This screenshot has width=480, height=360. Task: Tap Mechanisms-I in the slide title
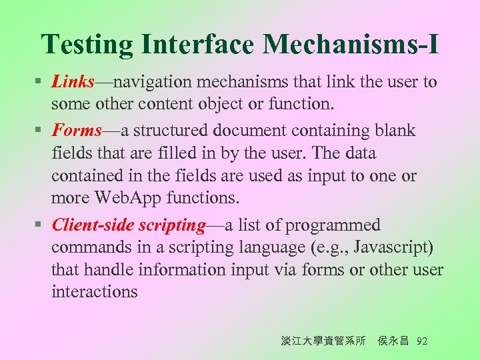(x=351, y=44)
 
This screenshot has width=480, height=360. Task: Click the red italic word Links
(x=74, y=82)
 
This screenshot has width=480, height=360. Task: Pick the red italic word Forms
(x=77, y=130)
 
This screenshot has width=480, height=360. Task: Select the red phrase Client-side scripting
(x=128, y=225)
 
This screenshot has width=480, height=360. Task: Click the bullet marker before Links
(x=39, y=83)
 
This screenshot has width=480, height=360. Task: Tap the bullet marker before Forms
(x=39, y=131)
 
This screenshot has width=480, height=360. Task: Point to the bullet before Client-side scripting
(x=39, y=226)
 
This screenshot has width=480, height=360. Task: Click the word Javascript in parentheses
(x=393, y=248)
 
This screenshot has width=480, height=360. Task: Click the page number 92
(x=421, y=341)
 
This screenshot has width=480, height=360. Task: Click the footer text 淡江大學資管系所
(x=323, y=341)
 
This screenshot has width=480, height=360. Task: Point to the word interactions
(x=95, y=291)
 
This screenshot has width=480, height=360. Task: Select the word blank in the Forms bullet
(x=394, y=130)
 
